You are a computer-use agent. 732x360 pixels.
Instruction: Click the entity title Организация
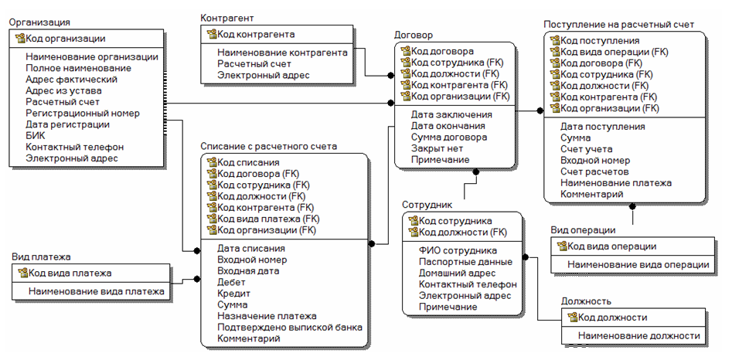click(x=40, y=23)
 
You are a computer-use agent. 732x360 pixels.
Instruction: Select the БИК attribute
click(x=36, y=135)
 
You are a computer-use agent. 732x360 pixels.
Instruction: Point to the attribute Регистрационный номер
click(x=82, y=113)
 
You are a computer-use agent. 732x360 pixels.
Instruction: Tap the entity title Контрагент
click(x=226, y=18)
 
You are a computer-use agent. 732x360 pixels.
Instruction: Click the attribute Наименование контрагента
click(x=282, y=53)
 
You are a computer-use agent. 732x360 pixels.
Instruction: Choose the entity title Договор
click(x=414, y=36)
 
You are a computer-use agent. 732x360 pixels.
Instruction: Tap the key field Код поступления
click(x=599, y=40)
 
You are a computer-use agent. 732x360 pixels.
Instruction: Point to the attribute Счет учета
click(x=586, y=148)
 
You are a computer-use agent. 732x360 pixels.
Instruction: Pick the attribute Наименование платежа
click(x=615, y=183)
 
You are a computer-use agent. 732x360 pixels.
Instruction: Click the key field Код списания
click(x=248, y=162)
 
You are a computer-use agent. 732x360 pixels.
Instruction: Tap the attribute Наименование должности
click(x=638, y=335)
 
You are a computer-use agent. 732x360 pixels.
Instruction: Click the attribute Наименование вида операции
click(x=638, y=265)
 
